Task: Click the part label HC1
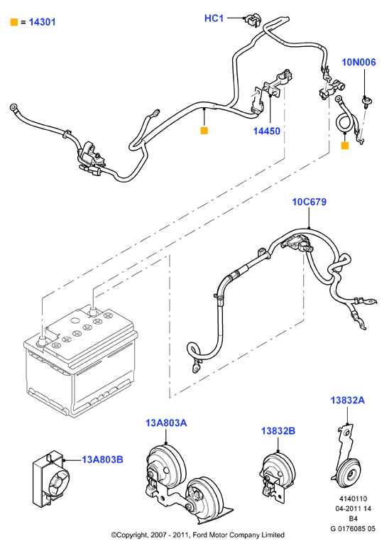pos(214,18)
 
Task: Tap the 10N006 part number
pos(358,62)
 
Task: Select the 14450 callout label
pos(267,131)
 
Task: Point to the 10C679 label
pos(309,202)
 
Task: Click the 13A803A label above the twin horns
pos(166,423)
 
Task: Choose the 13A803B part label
pos(102,460)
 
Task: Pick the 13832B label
pos(278,431)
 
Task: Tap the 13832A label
pos(348,400)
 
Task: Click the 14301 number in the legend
pos(42,22)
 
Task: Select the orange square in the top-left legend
pos(14,22)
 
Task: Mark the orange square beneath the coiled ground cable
pos(345,146)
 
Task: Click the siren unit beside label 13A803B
pos(50,479)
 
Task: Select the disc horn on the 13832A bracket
pos(347,474)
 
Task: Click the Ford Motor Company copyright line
pos(197,535)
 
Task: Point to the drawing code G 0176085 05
pos(353,528)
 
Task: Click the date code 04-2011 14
pos(354,509)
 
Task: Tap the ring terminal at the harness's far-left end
pos(13,107)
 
